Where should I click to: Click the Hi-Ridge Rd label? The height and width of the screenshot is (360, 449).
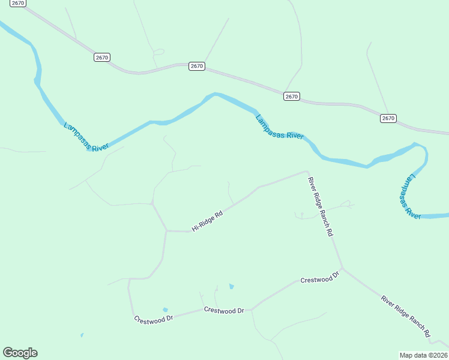[x=207, y=221]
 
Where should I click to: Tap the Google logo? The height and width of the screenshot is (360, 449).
[x=20, y=353]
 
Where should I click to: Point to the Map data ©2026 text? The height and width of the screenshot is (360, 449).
[x=424, y=355]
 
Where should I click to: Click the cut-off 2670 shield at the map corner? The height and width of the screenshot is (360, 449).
[x=17, y=2]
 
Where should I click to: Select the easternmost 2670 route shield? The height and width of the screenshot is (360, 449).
[x=388, y=118]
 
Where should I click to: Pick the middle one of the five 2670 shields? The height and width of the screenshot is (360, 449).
[x=196, y=66]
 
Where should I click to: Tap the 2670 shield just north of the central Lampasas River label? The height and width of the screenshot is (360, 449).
[x=291, y=96]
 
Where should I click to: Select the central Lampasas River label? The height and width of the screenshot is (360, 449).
[x=280, y=127]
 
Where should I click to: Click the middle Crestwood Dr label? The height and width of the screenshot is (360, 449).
[x=224, y=310]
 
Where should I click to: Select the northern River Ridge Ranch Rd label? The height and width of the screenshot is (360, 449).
[x=320, y=207]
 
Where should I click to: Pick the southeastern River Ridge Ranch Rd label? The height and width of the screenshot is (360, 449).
[x=406, y=315]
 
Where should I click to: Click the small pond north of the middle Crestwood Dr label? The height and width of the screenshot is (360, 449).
[x=231, y=287]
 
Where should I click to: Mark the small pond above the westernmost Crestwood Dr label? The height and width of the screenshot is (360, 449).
[x=165, y=310]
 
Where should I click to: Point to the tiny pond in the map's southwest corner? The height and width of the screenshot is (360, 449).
[x=82, y=335]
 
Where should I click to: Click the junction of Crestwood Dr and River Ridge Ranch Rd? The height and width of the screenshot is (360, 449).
[x=342, y=268]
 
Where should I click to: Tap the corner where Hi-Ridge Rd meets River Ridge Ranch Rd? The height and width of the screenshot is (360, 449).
[x=307, y=172]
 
